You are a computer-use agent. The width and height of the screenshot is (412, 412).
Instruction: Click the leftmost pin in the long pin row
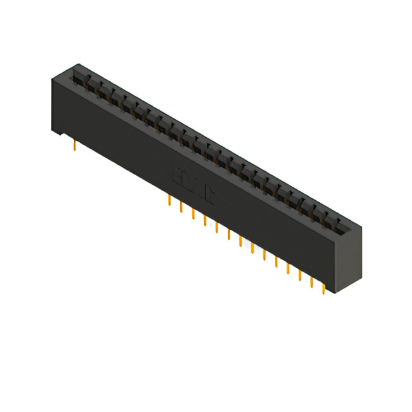point(169,201)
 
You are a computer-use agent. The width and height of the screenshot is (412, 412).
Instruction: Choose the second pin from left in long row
point(182,207)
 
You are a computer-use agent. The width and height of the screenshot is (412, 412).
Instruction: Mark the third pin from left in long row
point(193,214)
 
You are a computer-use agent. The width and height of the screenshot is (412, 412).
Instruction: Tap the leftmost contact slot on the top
point(80,76)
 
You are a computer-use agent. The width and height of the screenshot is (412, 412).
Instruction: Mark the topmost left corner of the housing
point(78,64)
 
